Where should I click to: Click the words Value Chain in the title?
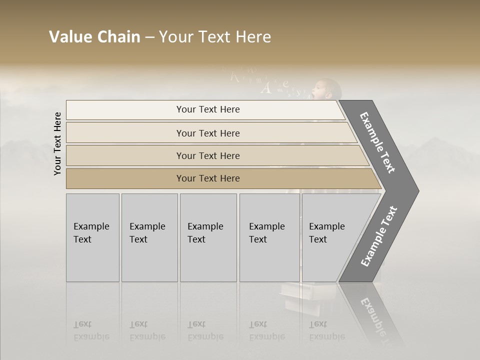tap(94, 37)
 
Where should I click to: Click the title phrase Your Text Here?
tap(215, 37)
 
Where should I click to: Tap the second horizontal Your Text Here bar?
tap(207, 133)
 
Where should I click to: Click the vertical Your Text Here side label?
tap(57, 143)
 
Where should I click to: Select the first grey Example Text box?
tap(92, 237)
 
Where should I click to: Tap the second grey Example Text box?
tap(149, 237)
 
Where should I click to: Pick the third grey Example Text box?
tap(208, 237)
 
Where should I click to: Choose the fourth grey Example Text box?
tap(269, 237)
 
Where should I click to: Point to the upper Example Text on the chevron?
tap(377, 142)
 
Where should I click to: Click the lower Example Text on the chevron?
tap(379, 236)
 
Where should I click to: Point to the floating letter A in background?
tap(266, 88)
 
